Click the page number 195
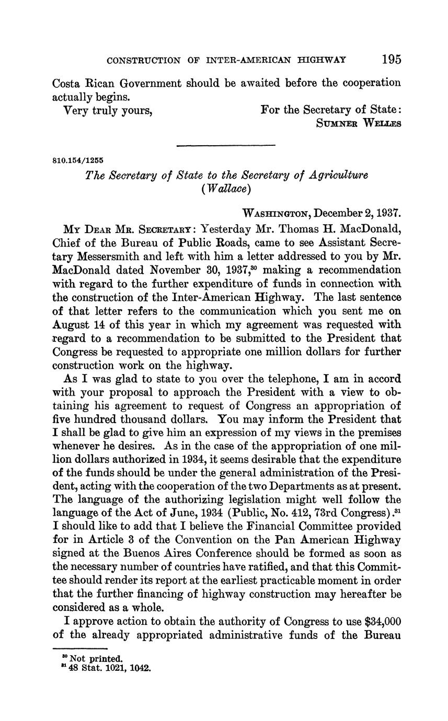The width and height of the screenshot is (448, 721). pyautogui.click(x=391, y=59)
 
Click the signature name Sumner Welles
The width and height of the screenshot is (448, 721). pyautogui.click(x=359, y=123)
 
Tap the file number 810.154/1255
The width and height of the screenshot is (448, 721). pyautogui.click(x=78, y=160)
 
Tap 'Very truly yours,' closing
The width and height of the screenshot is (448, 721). pyautogui.click(x=108, y=110)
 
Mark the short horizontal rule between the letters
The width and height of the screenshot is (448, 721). pyautogui.click(x=226, y=145)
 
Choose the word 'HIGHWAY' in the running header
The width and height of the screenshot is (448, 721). pyautogui.click(x=320, y=61)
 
